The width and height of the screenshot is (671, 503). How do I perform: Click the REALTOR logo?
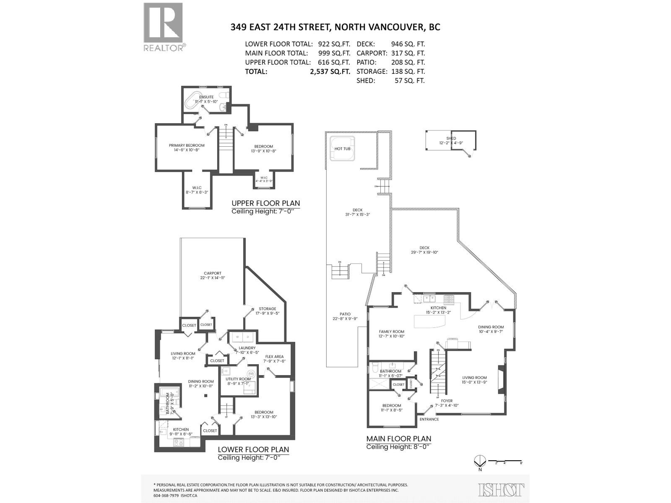pos(164,27)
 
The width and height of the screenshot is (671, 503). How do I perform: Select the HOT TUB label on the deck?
pos(343,149)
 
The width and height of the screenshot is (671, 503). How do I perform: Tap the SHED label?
pos(451,138)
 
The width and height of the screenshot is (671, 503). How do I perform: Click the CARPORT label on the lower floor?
pos(212,273)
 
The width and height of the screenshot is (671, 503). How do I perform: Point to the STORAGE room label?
pos(267,309)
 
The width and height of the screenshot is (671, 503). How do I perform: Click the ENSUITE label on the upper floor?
pos(206,97)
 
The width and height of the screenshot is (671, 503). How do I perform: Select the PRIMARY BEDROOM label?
pos(187,145)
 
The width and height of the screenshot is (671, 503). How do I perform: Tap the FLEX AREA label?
pos(274,357)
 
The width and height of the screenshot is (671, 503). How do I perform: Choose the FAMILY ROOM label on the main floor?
pos(391,332)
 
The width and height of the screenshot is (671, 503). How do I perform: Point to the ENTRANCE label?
pos(429,419)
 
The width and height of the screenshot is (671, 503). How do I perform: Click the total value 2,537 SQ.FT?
pos(330,72)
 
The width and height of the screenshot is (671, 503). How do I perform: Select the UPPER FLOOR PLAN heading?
pos(265,203)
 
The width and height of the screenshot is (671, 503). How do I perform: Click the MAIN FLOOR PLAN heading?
pos(398,439)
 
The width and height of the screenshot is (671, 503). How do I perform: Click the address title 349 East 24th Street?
pos(335,27)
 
